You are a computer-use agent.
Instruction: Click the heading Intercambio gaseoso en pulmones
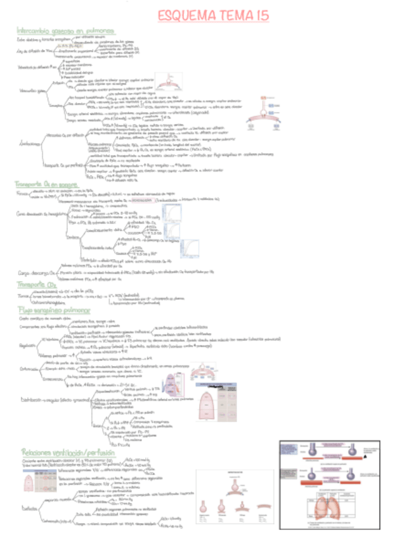point(66,30)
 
